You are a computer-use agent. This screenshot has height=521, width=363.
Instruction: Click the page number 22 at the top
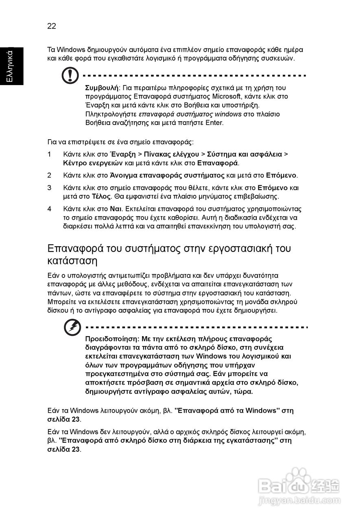click(x=52, y=26)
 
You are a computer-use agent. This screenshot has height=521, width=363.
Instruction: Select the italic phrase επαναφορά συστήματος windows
click(x=190, y=114)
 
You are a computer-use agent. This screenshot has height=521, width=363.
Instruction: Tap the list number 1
click(x=49, y=154)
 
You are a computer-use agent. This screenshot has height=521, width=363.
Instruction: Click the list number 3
click(x=49, y=188)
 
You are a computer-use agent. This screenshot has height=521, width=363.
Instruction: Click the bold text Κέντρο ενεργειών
click(x=93, y=163)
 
